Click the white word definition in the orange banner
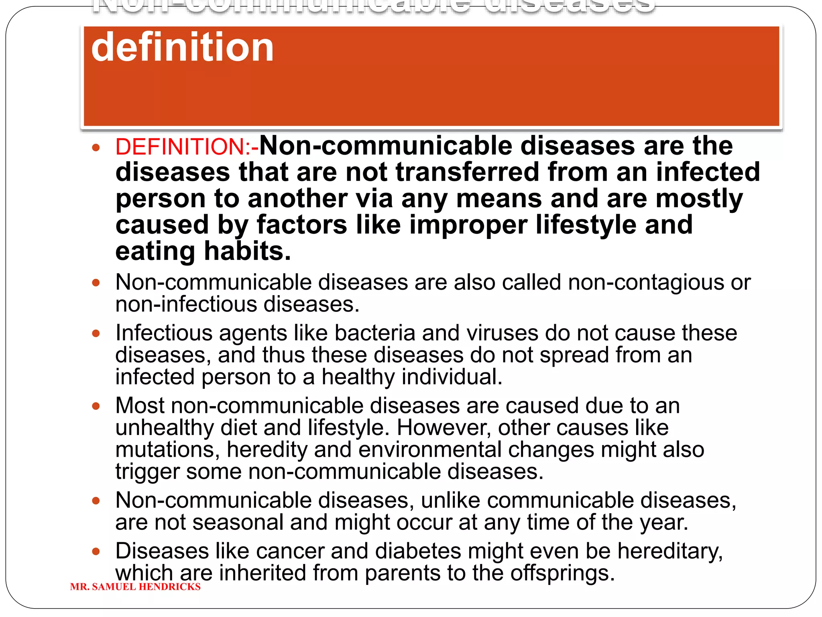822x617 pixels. click(182, 47)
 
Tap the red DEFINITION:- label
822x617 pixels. click(187, 147)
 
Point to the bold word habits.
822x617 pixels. click(247, 251)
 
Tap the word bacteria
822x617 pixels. click(374, 333)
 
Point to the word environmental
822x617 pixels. click(430, 449)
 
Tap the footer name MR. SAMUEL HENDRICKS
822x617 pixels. click(135, 587)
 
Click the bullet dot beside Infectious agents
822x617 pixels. click(96, 333)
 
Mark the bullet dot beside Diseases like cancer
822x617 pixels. click(96, 551)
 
